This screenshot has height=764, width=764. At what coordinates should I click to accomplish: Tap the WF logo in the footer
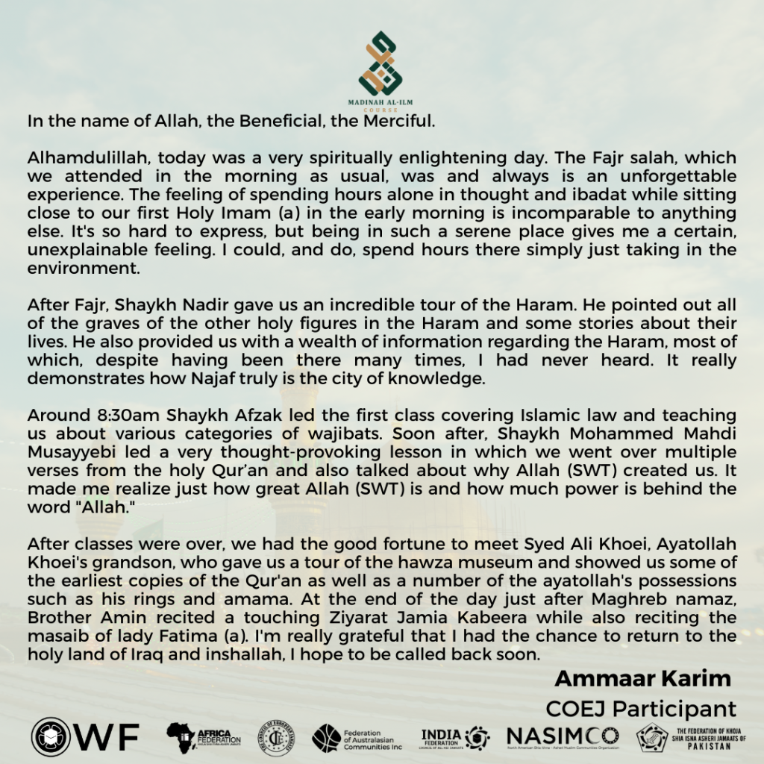coord(85,738)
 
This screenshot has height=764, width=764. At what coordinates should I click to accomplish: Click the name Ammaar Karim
coord(643,678)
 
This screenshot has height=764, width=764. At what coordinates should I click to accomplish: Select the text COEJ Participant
coord(641,708)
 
